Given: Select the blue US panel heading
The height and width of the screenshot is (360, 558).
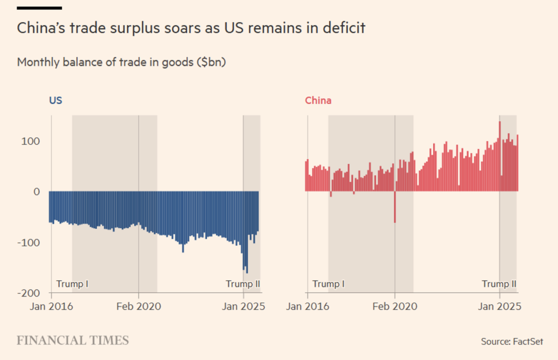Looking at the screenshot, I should coord(55,101).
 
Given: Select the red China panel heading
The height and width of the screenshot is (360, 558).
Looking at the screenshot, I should coord(318,101).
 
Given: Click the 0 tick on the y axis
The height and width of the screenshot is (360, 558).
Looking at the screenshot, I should coord(37,192).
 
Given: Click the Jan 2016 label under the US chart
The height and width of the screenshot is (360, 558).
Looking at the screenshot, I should coord(52,307).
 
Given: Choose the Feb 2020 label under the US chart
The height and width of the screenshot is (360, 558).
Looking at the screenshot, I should coord(139,307).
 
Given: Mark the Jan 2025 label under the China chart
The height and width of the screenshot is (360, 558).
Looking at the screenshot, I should coord(500,307).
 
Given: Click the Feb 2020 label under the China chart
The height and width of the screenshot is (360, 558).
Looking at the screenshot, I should coord(395,307).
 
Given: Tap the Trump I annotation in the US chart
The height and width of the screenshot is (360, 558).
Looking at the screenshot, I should coord(72,284).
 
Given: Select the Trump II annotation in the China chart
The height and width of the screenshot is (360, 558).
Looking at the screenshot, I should coord(499,284).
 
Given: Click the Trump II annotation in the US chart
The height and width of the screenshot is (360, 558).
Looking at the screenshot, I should coord(243,284).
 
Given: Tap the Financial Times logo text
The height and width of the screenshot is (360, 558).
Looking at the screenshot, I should coord(72,341).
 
